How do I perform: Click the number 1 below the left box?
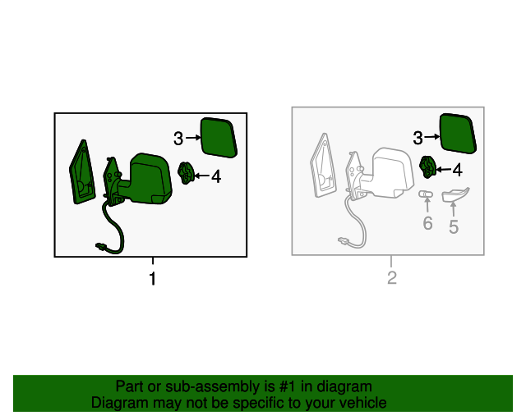[153, 279]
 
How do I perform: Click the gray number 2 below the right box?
[392, 278]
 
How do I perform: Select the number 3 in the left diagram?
[178, 138]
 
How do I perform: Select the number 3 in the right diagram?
[418, 138]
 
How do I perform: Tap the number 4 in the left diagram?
[216, 176]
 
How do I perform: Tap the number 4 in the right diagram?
[458, 170]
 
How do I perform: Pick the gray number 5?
[454, 227]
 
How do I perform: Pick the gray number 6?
[427, 223]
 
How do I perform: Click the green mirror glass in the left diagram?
[219, 138]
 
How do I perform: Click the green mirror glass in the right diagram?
[459, 134]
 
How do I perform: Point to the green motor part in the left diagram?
[186, 172]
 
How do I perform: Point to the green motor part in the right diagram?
[427, 167]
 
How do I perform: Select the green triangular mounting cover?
[82, 173]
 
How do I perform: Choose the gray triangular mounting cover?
[323, 166]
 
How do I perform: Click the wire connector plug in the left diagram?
[100, 247]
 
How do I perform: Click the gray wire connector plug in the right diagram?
[343, 240]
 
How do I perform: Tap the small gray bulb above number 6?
[426, 194]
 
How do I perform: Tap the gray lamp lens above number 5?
[455, 195]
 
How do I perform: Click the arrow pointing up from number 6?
[427, 205]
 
